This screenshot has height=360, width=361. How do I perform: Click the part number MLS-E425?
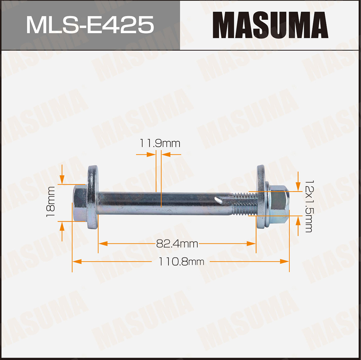[90, 25]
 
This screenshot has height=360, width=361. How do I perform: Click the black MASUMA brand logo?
[270, 25]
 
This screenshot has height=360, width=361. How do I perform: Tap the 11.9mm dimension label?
[160, 143]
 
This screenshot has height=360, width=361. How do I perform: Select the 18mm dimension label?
[50, 202]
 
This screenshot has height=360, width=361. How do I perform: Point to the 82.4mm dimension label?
[177, 243]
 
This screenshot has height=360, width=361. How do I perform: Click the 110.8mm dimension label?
[181, 261]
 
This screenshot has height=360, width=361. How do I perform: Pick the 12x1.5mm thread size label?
[309, 206]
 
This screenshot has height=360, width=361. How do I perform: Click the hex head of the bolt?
[80, 203]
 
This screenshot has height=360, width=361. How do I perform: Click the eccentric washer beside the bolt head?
[93, 197]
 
